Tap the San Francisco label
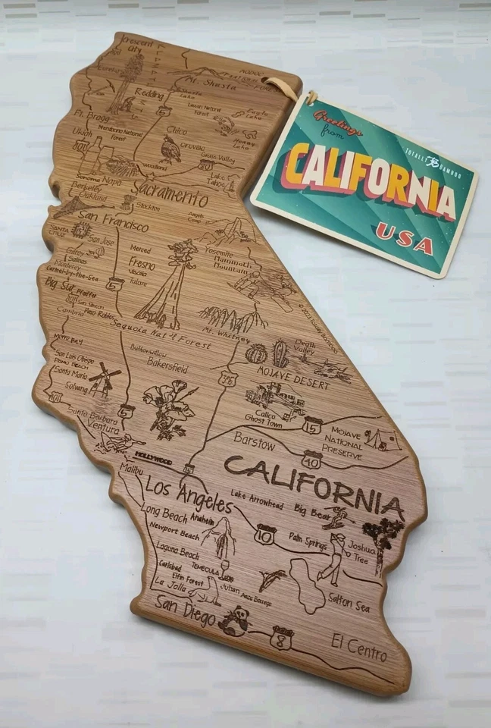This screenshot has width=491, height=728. pyautogui.click(x=111, y=227)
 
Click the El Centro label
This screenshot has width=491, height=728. pyautogui.click(x=359, y=647)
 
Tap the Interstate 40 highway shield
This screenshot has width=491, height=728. pyautogui.click(x=311, y=459)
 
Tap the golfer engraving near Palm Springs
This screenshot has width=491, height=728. pyautogui.click(x=333, y=557)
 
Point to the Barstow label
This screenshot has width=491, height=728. pyautogui.click(x=254, y=439)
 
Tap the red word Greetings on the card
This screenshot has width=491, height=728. pyautogui.click(x=338, y=124)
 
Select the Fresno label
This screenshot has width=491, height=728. pyautogui.click(x=142, y=265)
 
